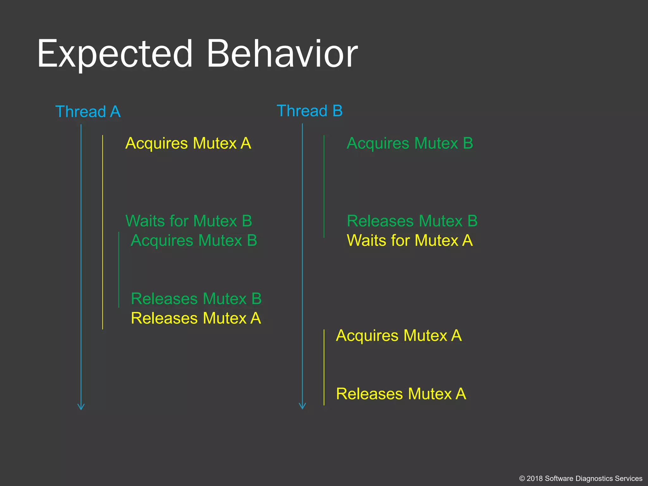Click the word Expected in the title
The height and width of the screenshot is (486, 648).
click(x=115, y=54)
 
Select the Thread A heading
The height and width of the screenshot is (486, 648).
click(x=88, y=112)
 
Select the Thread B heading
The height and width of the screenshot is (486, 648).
click(x=309, y=111)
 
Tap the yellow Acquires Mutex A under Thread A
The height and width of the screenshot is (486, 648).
click(x=188, y=143)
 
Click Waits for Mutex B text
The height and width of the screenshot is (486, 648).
click(x=189, y=221)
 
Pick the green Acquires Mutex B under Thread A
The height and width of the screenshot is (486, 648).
click(x=194, y=240)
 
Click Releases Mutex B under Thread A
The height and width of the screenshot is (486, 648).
click(x=196, y=299)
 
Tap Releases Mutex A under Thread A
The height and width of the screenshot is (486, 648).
click(x=196, y=318)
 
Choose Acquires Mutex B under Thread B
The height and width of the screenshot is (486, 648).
click(x=410, y=143)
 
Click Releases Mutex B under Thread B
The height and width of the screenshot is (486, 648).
click(x=412, y=221)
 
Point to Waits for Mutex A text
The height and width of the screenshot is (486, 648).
click(x=410, y=240)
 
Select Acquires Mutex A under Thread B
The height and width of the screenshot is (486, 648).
click(x=399, y=335)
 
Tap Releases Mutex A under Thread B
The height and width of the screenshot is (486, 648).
click(x=401, y=394)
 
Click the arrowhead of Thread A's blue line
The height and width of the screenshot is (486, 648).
click(x=81, y=407)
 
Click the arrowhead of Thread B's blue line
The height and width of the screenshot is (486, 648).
click(x=302, y=407)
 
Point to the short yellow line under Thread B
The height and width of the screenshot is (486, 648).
click(x=324, y=367)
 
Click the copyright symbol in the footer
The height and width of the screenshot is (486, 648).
click(x=522, y=479)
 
